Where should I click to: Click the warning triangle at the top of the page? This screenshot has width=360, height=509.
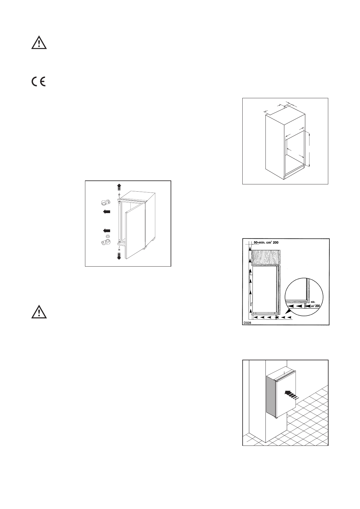[39, 43]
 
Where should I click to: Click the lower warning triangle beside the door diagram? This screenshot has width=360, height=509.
[39, 312]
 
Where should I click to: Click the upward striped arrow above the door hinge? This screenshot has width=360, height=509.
[119, 186]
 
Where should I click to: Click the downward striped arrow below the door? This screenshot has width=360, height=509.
[119, 256]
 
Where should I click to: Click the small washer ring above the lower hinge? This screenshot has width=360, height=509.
[108, 236]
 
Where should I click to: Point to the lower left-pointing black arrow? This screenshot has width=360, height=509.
[106, 231]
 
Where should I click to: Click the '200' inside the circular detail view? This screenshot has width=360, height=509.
[316, 306]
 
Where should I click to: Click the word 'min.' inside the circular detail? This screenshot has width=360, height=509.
[313, 301]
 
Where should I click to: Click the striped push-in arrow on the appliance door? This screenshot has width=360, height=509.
[291, 394]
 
